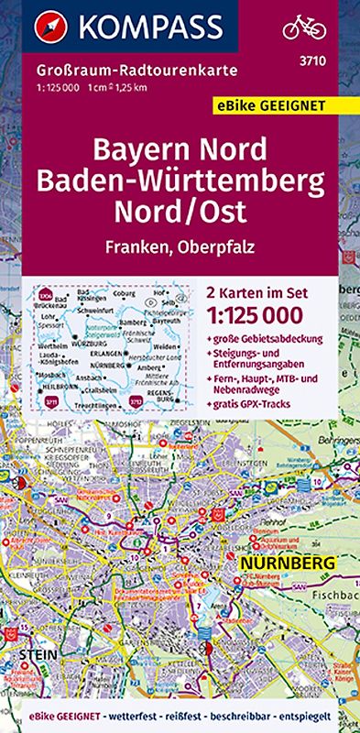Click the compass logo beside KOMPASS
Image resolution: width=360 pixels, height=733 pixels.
(x=42, y=26)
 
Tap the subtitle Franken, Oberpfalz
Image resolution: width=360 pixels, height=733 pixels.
(x=180, y=243)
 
